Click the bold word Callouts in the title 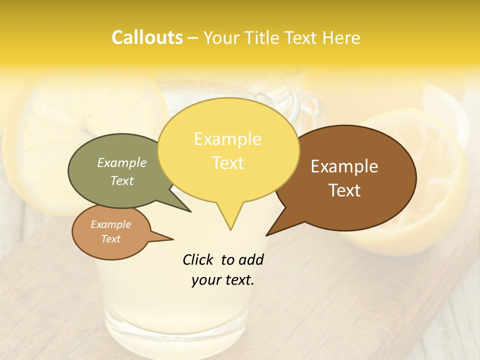[147, 37]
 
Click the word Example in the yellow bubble [227, 139]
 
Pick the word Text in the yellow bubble [227, 163]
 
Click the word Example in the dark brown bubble [344, 166]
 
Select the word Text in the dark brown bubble [344, 190]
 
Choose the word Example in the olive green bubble [122, 162]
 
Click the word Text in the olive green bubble [122, 180]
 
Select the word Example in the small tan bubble [110, 224]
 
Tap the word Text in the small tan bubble [110, 239]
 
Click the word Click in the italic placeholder [198, 259]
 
